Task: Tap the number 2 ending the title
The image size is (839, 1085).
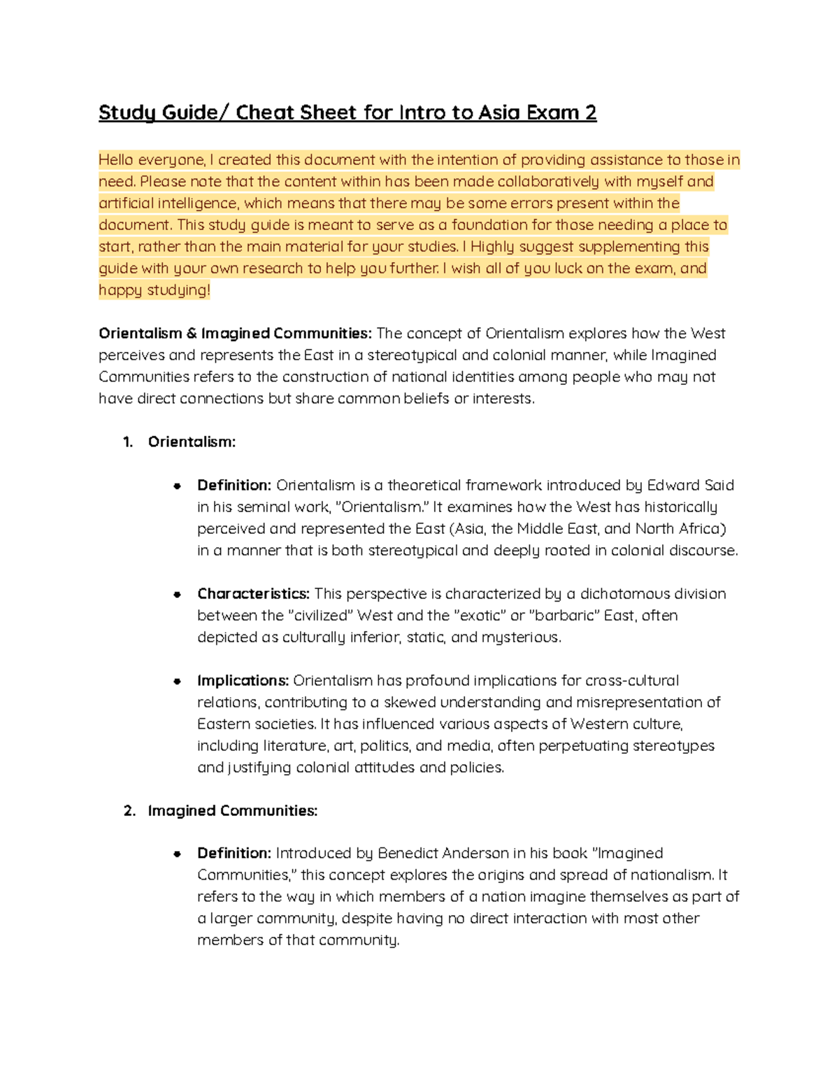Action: pos(591,112)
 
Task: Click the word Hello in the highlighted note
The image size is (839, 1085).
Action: pos(116,160)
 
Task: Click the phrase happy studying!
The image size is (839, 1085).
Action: pos(154,290)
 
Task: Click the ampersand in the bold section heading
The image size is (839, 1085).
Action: pos(192,333)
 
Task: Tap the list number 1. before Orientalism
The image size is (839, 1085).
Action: pos(128,442)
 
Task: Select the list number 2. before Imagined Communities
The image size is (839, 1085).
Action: pos(129,810)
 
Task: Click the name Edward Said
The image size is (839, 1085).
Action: pos(690,485)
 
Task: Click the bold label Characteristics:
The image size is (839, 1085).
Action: pos(253,594)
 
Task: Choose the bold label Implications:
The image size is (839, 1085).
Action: pos(243,680)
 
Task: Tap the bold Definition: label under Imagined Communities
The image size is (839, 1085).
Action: pos(234,853)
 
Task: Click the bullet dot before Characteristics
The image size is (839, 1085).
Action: pos(178,595)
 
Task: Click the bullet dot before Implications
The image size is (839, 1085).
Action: pos(178,681)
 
